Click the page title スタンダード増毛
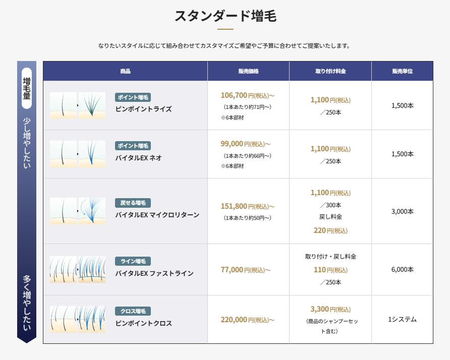point(226,16)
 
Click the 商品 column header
point(126,71)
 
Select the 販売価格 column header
point(249,71)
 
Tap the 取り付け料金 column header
point(330,71)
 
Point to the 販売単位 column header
point(403,71)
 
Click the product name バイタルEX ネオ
point(139,158)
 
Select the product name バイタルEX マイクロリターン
point(157,215)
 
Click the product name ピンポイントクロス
point(143,323)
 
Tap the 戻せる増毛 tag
point(133,203)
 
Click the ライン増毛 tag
point(133,261)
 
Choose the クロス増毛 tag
point(133,311)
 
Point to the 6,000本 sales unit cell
point(403,269)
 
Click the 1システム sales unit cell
point(403,319)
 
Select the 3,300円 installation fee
point(330,309)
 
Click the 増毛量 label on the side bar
point(27,88)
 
